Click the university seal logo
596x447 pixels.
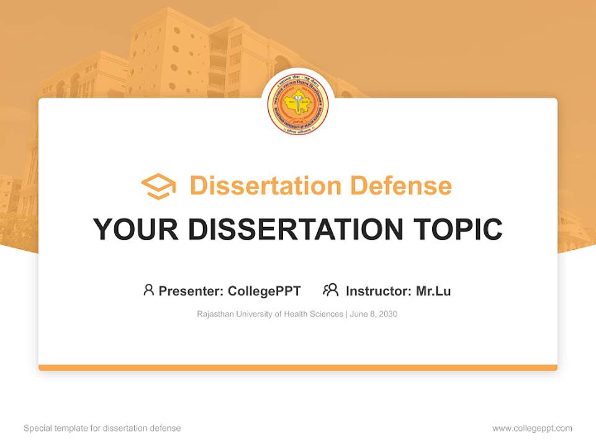pos(297,105)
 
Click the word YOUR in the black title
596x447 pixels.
pos(135,230)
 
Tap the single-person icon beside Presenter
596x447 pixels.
pos(148,290)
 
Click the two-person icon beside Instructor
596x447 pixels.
pos(330,290)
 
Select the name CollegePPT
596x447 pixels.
pos(264,291)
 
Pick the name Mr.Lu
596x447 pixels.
pos(433,291)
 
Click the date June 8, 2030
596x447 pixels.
pos(373,314)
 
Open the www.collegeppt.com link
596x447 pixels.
pos(532,428)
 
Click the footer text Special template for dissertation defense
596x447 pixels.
pos(102,428)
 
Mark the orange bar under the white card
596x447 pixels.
pos(297,368)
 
